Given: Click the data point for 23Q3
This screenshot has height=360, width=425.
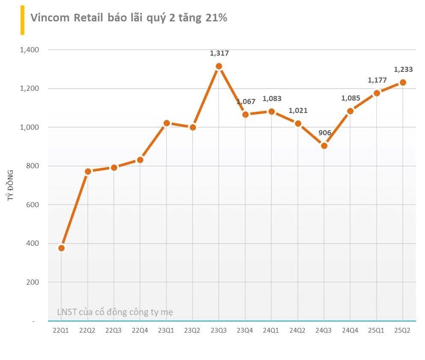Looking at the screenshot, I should [219, 66].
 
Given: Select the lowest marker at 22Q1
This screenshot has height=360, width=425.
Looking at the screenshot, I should [61, 248].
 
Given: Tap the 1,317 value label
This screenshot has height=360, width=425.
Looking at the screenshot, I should [219, 54].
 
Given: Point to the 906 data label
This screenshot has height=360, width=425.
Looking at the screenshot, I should [325, 133].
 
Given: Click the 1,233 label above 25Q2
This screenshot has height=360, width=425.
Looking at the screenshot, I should [403, 70].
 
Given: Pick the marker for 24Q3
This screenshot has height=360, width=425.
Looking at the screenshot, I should [324, 146].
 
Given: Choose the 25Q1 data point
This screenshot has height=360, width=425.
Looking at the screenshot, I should [377, 93].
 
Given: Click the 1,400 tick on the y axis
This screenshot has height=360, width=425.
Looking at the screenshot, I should [29, 50].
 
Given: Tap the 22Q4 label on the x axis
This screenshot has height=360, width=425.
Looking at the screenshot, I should [140, 330].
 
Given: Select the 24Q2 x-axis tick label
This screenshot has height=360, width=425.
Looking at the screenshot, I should [297, 330].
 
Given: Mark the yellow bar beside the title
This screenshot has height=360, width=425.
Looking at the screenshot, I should [22, 20].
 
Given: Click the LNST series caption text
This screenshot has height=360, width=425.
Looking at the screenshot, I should [115, 312].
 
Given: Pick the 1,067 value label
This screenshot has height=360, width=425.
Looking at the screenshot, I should [246, 102].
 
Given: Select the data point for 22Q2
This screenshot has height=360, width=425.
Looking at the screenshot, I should [88, 172].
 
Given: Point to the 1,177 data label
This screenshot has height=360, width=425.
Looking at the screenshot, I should [377, 80].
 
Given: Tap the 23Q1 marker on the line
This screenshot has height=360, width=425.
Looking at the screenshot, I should [166, 123].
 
